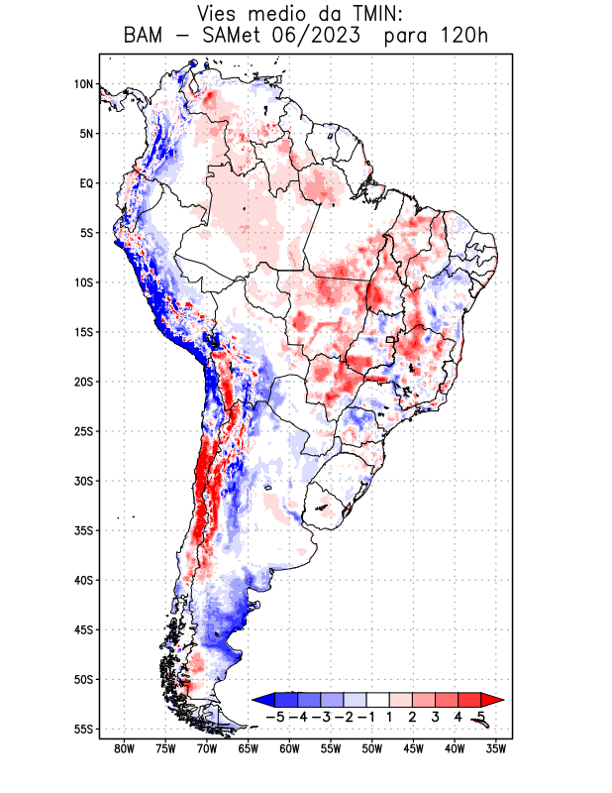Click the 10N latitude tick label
[x=83, y=84]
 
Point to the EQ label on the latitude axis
[x=86, y=183]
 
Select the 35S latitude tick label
[x=83, y=530]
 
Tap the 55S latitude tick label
[x=83, y=729]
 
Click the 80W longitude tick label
[x=125, y=748]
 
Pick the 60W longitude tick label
[x=290, y=748]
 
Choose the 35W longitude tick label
[x=497, y=748]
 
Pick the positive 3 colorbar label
[x=436, y=716]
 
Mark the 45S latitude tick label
[x=83, y=629]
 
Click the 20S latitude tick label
[x=83, y=382]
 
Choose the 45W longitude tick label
[x=414, y=748]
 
